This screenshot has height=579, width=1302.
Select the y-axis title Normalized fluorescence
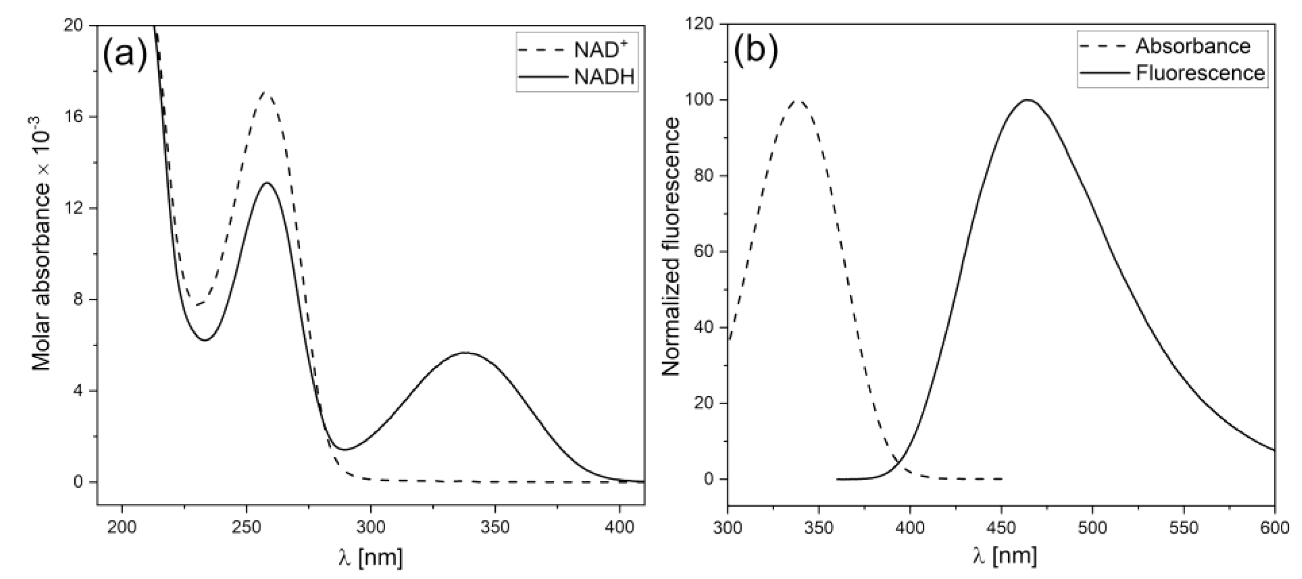click(671, 248)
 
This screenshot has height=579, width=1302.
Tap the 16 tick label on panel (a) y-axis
click(74, 117)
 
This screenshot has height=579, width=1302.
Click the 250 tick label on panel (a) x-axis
click(246, 527)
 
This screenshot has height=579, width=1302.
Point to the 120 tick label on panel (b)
click(699, 24)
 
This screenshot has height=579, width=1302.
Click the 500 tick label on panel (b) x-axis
click(1092, 527)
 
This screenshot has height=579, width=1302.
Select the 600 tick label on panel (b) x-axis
click(1274, 527)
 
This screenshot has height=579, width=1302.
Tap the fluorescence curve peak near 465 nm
click(1028, 100)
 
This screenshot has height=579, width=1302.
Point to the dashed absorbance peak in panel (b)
click(799, 100)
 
